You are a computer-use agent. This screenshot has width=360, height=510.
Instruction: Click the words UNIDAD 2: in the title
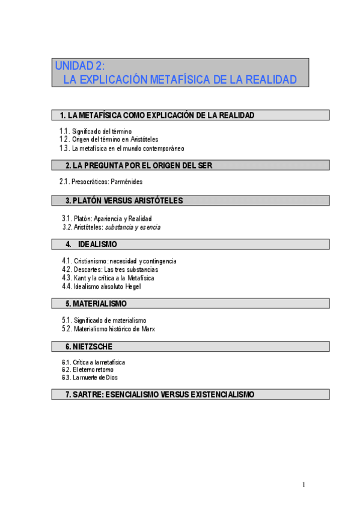pyautogui.click(x=80, y=66)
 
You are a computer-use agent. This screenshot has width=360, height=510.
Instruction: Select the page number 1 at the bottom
pyautogui.click(x=304, y=485)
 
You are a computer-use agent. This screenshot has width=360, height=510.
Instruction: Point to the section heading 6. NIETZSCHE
pyautogui.click(x=89, y=346)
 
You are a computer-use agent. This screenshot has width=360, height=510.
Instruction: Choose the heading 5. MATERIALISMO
pyautogui.click(x=96, y=304)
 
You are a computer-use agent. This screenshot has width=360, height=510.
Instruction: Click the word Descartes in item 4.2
pyautogui.click(x=87, y=269)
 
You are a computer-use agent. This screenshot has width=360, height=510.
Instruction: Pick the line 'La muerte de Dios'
pyautogui.click(x=95, y=378)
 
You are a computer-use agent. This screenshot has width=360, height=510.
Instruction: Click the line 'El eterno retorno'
pyautogui.click(x=93, y=370)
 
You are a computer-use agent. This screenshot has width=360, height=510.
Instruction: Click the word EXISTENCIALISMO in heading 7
pyautogui.click(x=222, y=395)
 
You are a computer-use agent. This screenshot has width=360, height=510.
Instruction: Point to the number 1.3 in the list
pyautogui.click(x=64, y=148)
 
